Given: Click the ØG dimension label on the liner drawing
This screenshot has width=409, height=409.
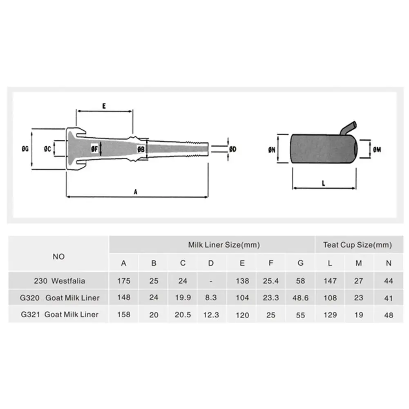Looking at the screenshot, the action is (25, 149).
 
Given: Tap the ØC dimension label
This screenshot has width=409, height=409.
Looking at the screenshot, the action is (47, 149).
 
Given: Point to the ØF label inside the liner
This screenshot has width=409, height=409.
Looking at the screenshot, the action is (94, 149).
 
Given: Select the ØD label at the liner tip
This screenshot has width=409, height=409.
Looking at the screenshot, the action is (232, 149).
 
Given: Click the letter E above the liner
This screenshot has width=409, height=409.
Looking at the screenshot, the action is (104, 106).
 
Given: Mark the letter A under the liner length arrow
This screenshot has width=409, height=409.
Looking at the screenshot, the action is (135, 192).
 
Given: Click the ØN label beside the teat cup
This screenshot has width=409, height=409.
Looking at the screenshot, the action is (272, 150).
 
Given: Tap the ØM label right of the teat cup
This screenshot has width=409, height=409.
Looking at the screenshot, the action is (377, 150).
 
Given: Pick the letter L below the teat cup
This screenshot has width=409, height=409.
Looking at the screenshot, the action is (324, 183).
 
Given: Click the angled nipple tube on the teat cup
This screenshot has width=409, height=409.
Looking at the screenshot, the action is (349, 128).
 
